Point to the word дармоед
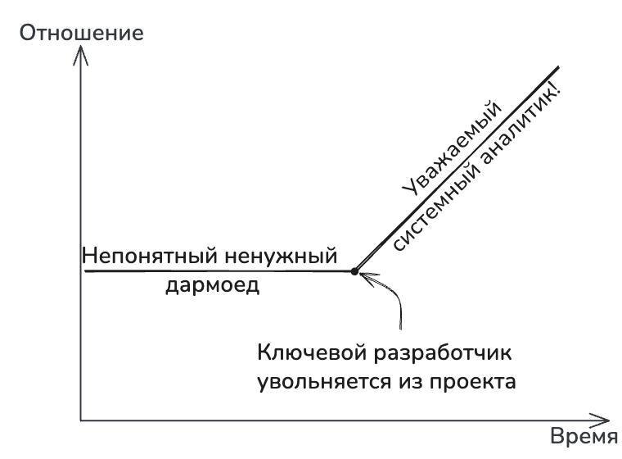208,285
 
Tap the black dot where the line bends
354,270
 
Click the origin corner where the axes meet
80,420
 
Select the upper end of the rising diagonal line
557,67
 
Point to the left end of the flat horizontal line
86,270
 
